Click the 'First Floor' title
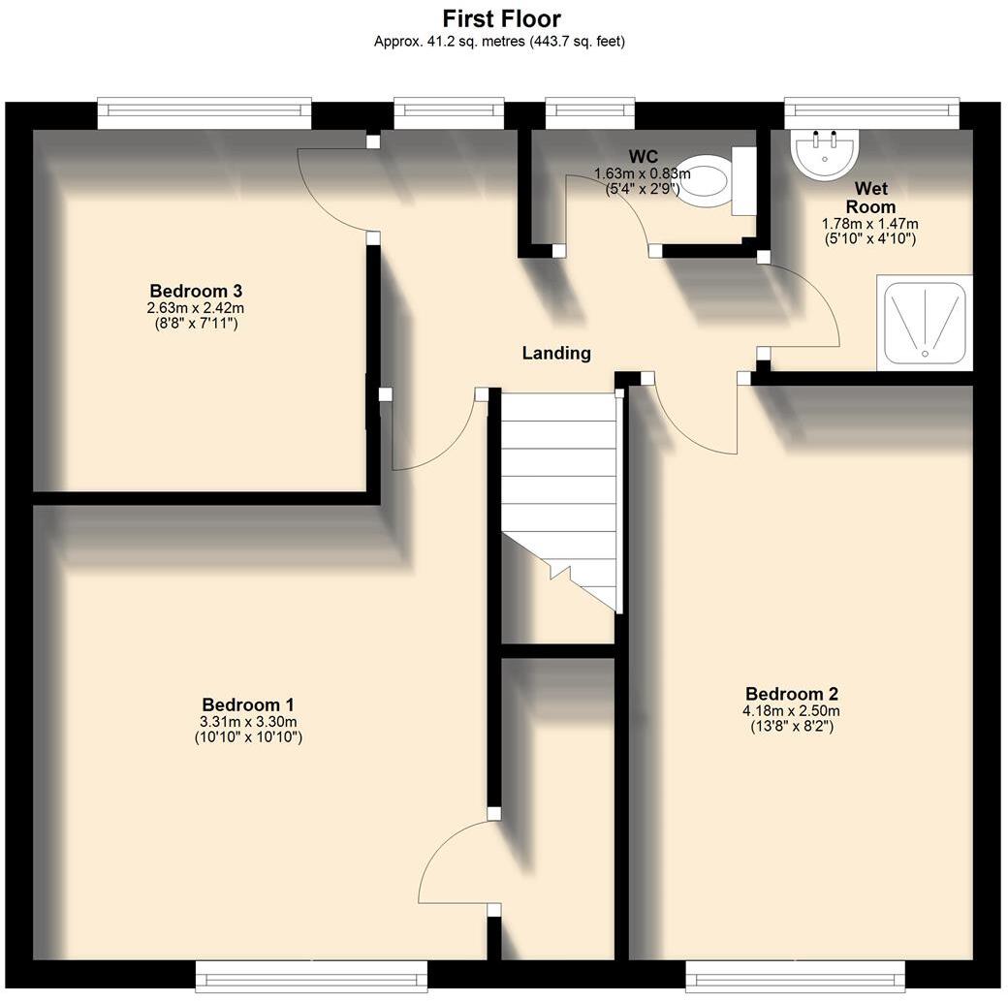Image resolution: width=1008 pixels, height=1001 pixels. [x=502, y=18]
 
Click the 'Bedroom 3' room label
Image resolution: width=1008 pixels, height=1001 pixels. [x=195, y=291]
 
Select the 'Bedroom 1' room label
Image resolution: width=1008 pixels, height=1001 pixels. [x=248, y=704]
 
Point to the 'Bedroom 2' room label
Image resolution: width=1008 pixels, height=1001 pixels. [x=791, y=694]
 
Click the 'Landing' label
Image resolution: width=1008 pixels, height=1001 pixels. [x=556, y=354]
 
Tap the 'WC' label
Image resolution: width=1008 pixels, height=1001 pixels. [x=643, y=157]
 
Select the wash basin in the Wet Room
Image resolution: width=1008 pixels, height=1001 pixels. [x=825, y=152]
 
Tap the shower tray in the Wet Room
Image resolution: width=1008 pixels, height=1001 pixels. [x=923, y=323]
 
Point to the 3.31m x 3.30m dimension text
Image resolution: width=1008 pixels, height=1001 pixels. [x=248, y=721]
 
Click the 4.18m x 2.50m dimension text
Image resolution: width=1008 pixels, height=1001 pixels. [x=791, y=710]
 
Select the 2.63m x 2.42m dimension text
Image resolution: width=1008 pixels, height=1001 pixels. [x=195, y=307]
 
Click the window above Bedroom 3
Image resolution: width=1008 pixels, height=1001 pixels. [x=205, y=113]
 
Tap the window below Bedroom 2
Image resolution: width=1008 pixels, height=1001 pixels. [x=795, y=976]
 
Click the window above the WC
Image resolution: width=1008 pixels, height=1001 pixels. [x=590, y=113]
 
